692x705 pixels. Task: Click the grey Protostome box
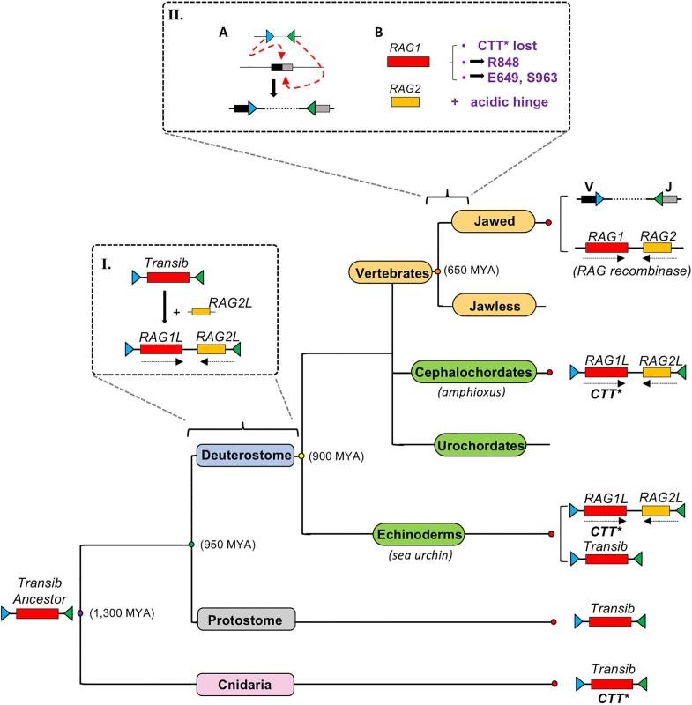pyautogui.click(x=246, y=620)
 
